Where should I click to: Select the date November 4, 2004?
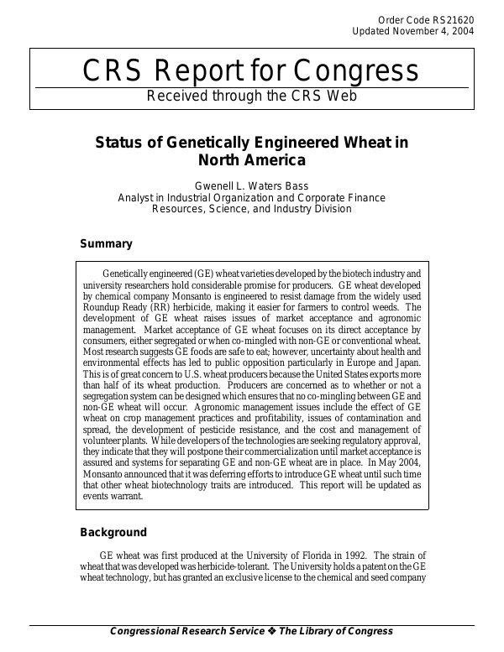pos(433,31)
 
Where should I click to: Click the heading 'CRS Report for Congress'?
pos(251,72)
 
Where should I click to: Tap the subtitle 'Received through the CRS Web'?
pos(251,96)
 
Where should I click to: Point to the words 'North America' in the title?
pos(251,160)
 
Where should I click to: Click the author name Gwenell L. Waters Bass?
pos(251,186)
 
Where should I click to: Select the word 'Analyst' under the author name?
pos(137,198)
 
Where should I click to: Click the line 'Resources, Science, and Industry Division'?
pos(251,209)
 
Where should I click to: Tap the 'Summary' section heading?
pos(106,244)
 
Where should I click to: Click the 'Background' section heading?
pos(113,532)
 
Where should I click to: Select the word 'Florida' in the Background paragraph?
pos(302,556)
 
